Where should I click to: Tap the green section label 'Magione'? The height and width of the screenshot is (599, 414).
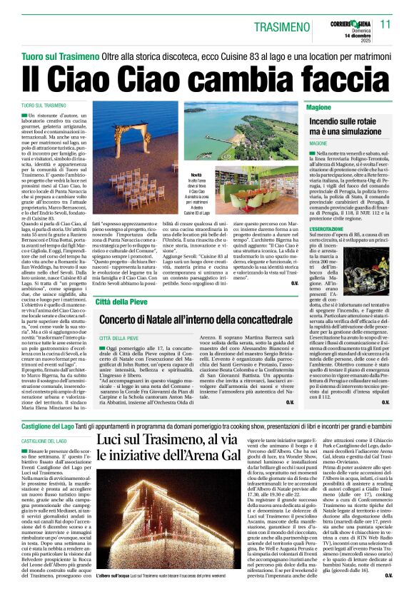[320, 106]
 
